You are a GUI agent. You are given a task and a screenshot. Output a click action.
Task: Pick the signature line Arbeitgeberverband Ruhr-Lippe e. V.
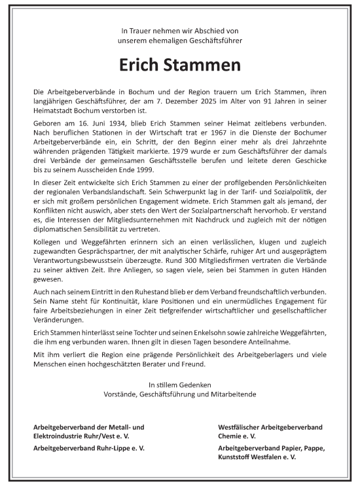click(89, 448)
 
